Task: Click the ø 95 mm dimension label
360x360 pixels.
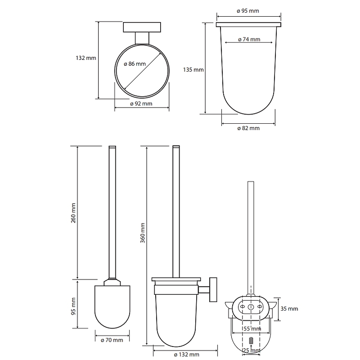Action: click(x=248, y=11)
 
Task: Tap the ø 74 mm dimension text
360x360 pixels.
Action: click(x=249, y=40)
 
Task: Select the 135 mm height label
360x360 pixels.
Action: click(x=193, y=70)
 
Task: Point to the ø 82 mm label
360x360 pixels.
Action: click(x=248, y=128)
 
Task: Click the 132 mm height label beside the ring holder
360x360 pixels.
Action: click(x=86, y=58)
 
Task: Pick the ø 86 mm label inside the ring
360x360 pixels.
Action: click(x=135, y=64)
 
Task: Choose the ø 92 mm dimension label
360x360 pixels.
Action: click(x=141, y=103)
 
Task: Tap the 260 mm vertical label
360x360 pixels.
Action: click(x=73, y=213)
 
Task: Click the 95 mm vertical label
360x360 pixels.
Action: click(x=73, y=306)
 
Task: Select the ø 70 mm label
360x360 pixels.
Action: click(x=112, y=340)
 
